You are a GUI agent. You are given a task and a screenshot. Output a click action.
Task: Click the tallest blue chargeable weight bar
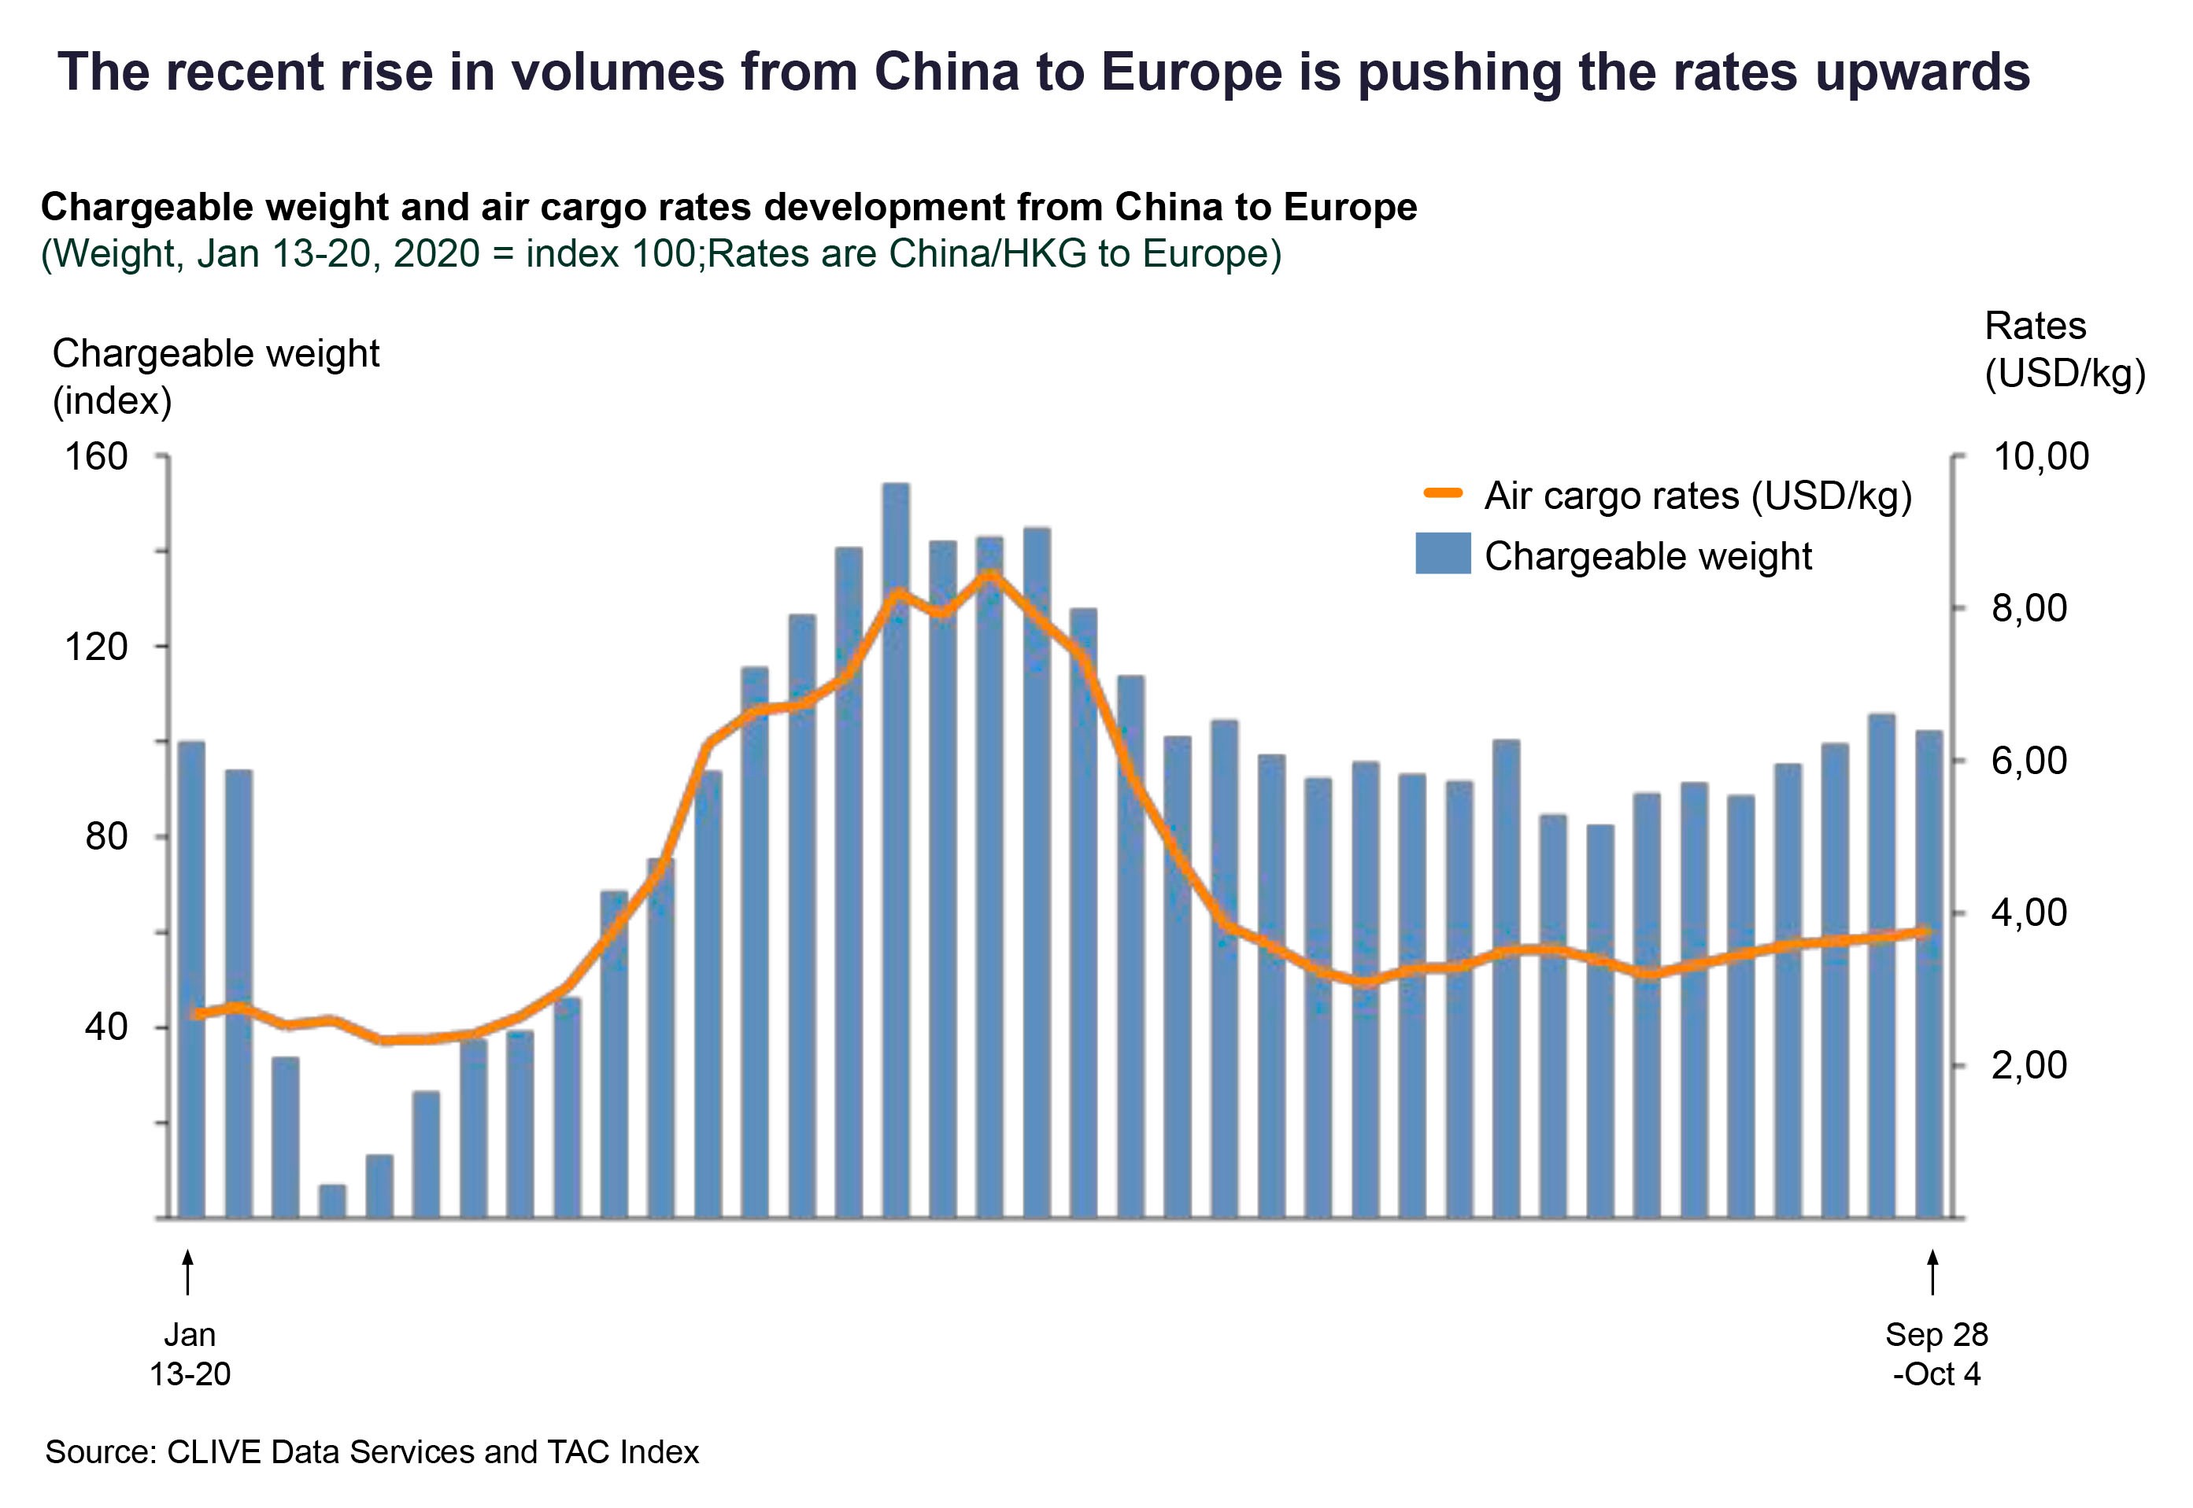(895, 850)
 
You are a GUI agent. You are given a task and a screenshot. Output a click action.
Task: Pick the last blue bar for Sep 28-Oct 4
(1929, 974)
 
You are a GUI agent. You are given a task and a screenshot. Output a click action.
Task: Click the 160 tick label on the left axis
(96, 457)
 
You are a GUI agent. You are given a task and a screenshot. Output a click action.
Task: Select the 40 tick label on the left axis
(105, 1027)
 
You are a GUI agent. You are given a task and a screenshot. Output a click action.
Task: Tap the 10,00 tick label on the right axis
(2040, 457)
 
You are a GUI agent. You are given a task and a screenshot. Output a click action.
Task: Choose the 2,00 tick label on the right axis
(2029, 1066)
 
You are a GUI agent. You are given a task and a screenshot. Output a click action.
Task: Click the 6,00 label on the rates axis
(2029, 761)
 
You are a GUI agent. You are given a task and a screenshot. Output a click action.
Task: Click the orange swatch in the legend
(1443, 493)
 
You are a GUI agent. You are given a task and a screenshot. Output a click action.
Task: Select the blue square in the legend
(1443, 554)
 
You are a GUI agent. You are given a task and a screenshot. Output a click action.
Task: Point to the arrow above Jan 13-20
(188, 1272)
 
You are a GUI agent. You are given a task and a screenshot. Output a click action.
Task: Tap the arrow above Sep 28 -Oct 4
(1933, 1272)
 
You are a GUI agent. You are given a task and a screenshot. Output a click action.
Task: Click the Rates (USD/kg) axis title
(2063, 349)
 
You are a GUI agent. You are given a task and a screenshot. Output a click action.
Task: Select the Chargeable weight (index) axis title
(216, 377)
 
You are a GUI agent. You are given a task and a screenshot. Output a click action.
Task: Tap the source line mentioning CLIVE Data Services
(372, 1451)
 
